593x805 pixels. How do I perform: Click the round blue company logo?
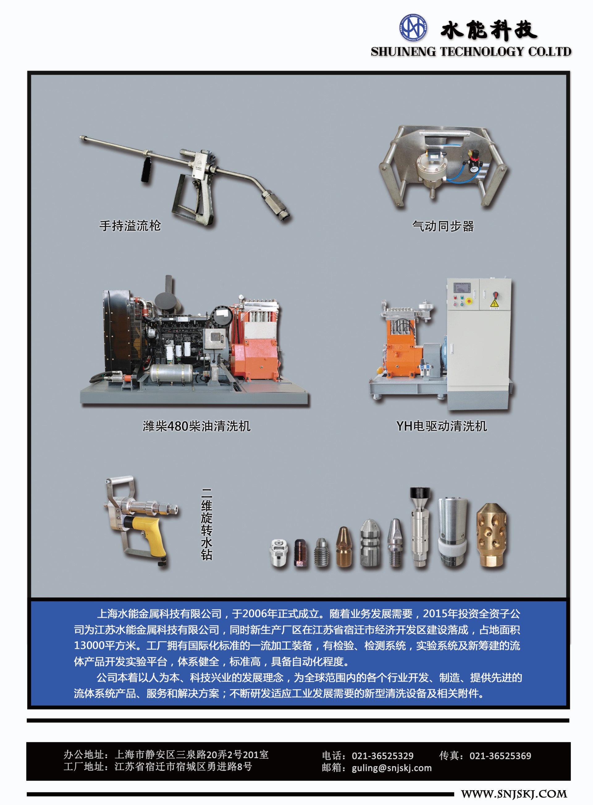pyautogui.click(x=413, y=27)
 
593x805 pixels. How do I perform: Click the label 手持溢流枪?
pyautogui.click(x=130, y=226)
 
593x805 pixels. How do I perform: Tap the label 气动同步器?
pyautogui.click(x=443, y=226)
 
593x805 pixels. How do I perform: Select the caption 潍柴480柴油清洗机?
pyautogui.click(x=196, y=426)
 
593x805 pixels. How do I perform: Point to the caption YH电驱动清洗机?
pyautogui.click(x=442, y=426)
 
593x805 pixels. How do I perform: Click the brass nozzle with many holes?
pyautogui.click(x=491, y=535)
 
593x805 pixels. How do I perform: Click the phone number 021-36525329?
pyautogui.click(x=382, y=756)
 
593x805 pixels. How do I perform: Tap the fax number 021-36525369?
pyautogui.click(x=500, y=756)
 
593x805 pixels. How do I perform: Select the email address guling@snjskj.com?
pyautogui.click(x=392, y=768)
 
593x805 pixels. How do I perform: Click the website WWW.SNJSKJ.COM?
pyautogui.click(x=514, y=794)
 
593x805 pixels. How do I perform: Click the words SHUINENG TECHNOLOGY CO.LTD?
pyautogui.click(x=471, y=52)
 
